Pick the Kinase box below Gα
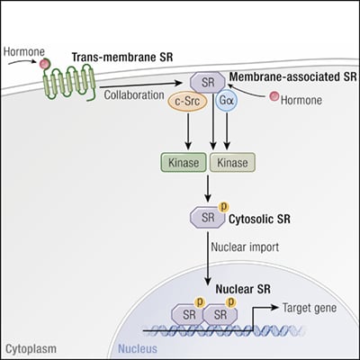[231, 163]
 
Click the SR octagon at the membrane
[209, 83]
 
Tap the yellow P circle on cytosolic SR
[222, 207]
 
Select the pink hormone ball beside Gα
[268, 97]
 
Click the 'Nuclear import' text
[244, 243]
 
